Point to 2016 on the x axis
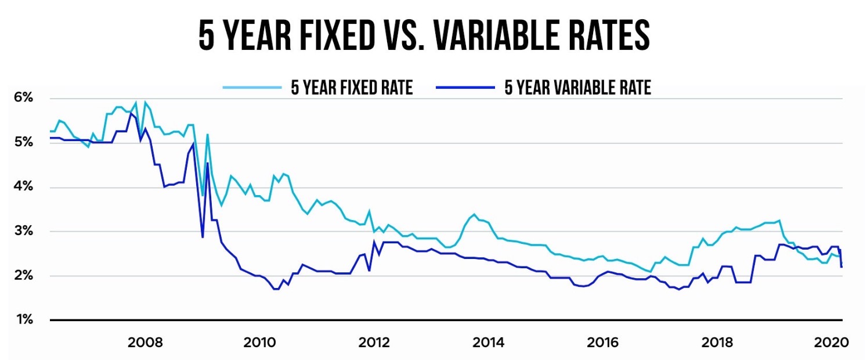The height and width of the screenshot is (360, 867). click(602, 343)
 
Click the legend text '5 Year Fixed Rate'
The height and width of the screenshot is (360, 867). click(352, 88)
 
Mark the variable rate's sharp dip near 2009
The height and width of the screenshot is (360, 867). click(203, 237)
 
